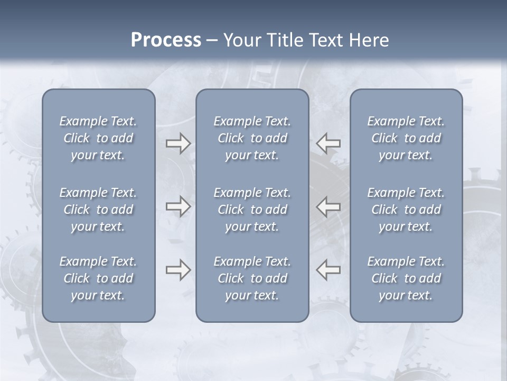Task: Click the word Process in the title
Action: (166, 40)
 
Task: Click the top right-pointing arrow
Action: (178, 143)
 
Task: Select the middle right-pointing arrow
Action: (178, 206)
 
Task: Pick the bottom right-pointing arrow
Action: (178, 270)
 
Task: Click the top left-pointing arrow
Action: (328, 143)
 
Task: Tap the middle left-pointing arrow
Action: (328, 206)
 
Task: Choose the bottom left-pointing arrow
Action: (328, 270)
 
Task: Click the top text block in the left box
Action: (98, 138)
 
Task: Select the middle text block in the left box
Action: (98, 210)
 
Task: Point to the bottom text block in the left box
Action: (98, 278)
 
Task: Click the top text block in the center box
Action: (252, 138)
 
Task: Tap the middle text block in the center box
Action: (252, 210)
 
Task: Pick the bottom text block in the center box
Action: (252, 278)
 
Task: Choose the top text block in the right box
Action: (406, 138)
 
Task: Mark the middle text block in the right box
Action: (406, 210)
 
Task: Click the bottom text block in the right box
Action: (406, 278)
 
